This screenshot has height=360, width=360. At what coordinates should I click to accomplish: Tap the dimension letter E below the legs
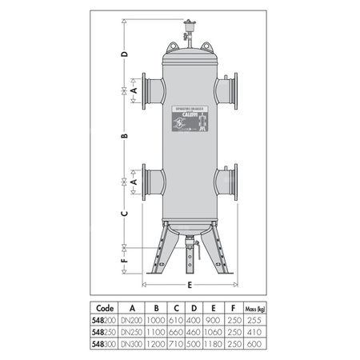[x=189, y=283]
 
